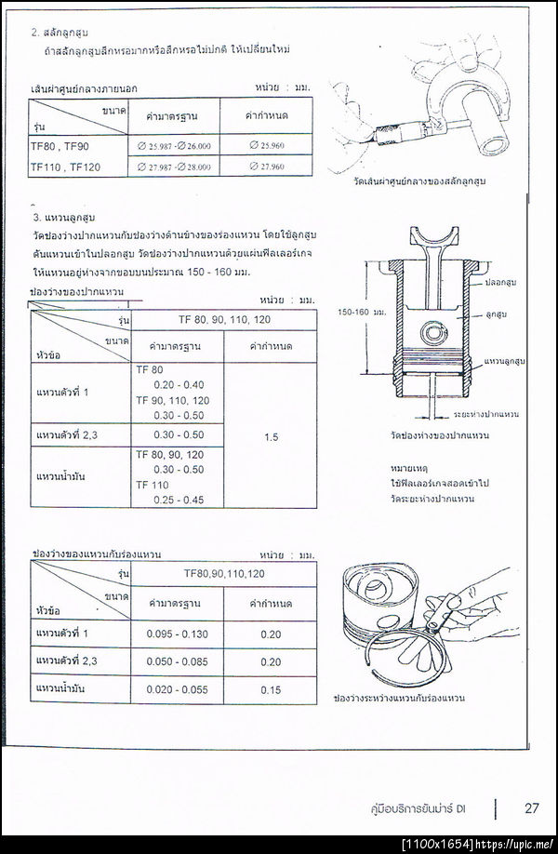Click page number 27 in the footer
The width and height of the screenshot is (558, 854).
[532, 807]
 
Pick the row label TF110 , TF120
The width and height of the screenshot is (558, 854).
[66, 167]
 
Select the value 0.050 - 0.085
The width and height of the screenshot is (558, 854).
[178, 661]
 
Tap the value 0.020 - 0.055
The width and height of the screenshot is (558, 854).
[178, 689]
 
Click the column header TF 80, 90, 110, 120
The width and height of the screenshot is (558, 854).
[224, 318]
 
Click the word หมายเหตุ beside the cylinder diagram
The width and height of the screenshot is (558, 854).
[408, 469]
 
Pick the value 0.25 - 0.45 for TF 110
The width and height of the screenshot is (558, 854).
[179, 500]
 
